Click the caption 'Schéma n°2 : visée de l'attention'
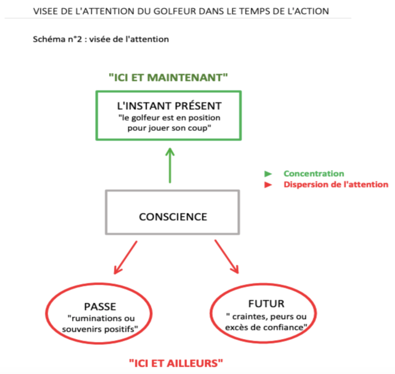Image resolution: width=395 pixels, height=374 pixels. [101, 39]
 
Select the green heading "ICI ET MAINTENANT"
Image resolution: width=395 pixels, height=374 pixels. [168, 77]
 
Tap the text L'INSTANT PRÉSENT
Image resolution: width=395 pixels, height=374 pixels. [169, 106]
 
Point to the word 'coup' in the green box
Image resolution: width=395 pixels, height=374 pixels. [199, 128]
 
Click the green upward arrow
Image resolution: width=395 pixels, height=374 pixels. [170, 165]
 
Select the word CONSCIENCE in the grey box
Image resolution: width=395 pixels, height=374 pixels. [173, 217]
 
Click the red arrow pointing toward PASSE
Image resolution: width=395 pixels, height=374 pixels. [126, 258]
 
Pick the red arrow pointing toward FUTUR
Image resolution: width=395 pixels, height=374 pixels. [226, 257]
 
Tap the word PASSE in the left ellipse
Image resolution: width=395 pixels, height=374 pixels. [100, 306]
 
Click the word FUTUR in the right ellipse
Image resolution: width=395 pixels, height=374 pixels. [266, 304]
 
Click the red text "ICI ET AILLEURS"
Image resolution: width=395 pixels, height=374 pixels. [176, 363]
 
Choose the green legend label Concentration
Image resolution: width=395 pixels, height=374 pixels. [313, 174]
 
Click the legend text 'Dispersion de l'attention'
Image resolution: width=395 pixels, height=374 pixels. [336, 184]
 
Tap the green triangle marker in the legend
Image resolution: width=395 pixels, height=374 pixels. [268, 174]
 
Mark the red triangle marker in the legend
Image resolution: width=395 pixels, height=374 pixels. [268, 185]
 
